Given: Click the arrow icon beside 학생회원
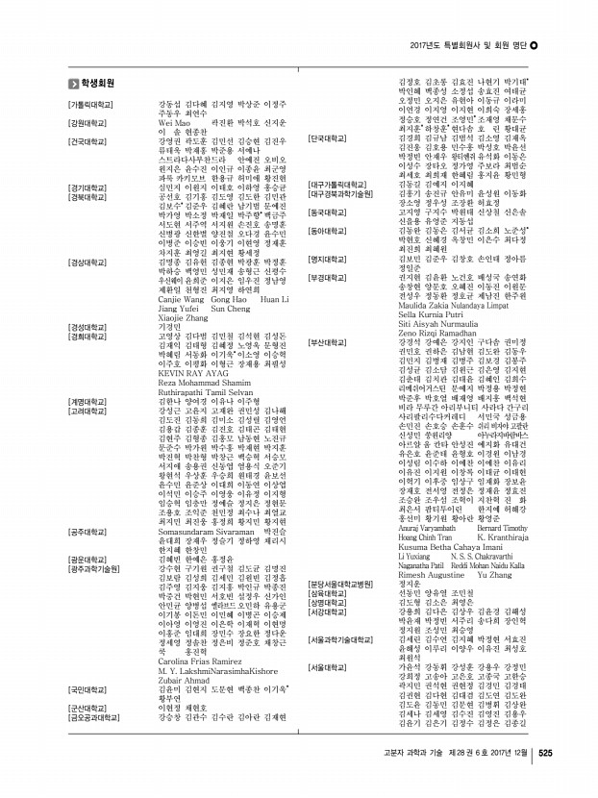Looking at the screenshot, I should coord(73,84).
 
